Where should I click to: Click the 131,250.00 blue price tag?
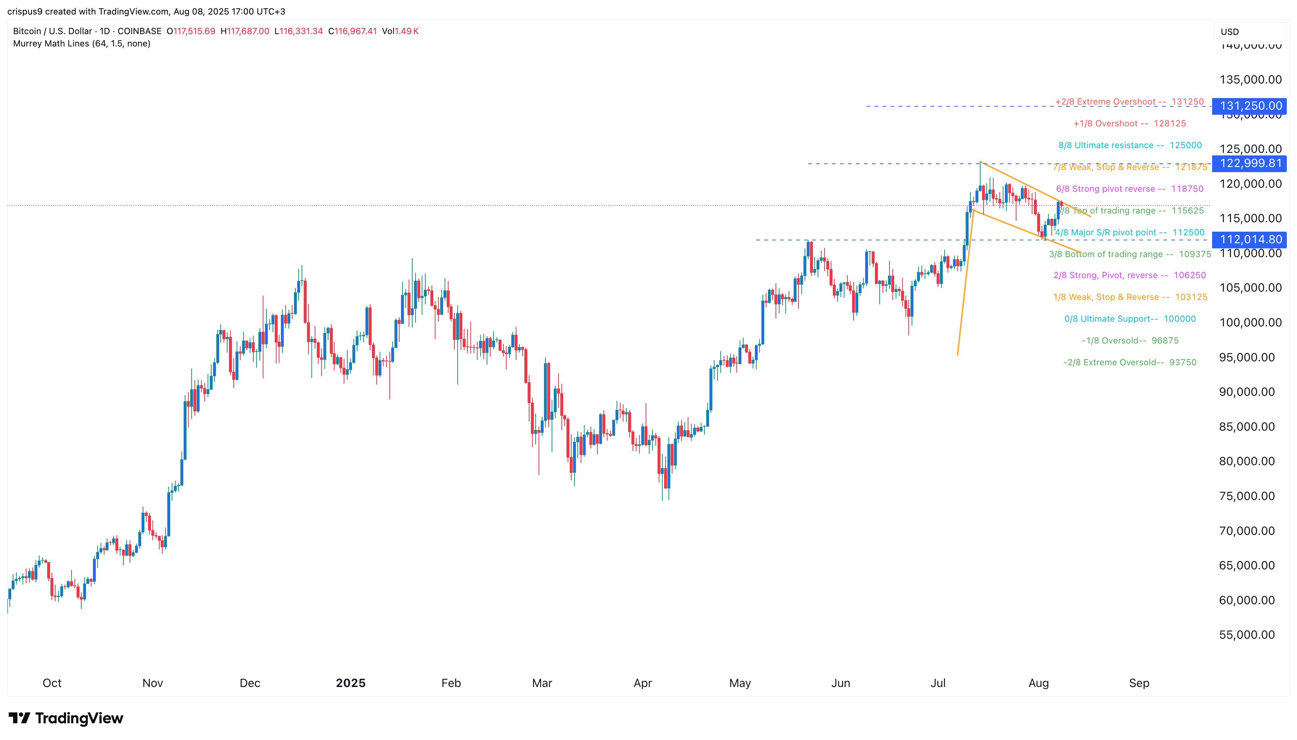tap(1250, 106)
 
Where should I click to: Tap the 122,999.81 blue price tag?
tap(1250, 163)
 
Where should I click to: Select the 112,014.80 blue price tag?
tap(1250, 239)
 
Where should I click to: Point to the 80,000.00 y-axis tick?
tap(1247, 461)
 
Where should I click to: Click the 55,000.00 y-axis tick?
tap(1247, 634)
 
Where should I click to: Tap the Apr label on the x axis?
tap(642, 683)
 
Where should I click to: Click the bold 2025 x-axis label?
tap(351, 683)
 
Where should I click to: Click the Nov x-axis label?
tap(152, 683)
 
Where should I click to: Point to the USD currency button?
tap(1230, 32)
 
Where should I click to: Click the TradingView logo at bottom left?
tap(66, 718)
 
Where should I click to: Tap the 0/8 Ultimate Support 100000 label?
tap(1129, 319)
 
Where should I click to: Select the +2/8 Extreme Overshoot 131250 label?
tap(1129, 102)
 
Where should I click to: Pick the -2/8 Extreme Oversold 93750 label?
tap(1129, 362)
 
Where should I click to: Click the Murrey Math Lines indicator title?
tap(81, 44)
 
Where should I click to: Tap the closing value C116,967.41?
tap(352, 31)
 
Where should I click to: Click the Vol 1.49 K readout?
tap(400, 31)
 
